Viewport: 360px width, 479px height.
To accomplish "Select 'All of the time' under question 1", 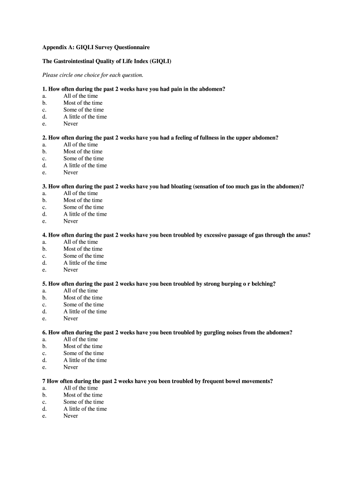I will [80, 96].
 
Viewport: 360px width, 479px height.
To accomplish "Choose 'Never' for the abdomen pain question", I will [71, 124].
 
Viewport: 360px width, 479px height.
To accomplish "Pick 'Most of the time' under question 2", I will [83, 152].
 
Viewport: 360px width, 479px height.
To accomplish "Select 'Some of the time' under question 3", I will [83, 207].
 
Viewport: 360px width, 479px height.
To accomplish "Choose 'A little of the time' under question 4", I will [85, 263].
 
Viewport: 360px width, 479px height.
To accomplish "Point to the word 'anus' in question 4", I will [302, 235].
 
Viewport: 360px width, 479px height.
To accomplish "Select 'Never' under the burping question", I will [71, 319].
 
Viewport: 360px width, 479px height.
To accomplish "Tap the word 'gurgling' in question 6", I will [216, 333].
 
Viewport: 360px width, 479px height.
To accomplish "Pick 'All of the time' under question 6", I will [80, 340].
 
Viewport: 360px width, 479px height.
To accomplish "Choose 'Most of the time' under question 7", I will [83, 395].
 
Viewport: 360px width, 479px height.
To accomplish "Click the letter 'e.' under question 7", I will [44, 416].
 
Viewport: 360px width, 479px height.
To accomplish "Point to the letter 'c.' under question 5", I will [44, 305].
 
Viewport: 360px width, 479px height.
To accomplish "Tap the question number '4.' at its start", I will [44, 235].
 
